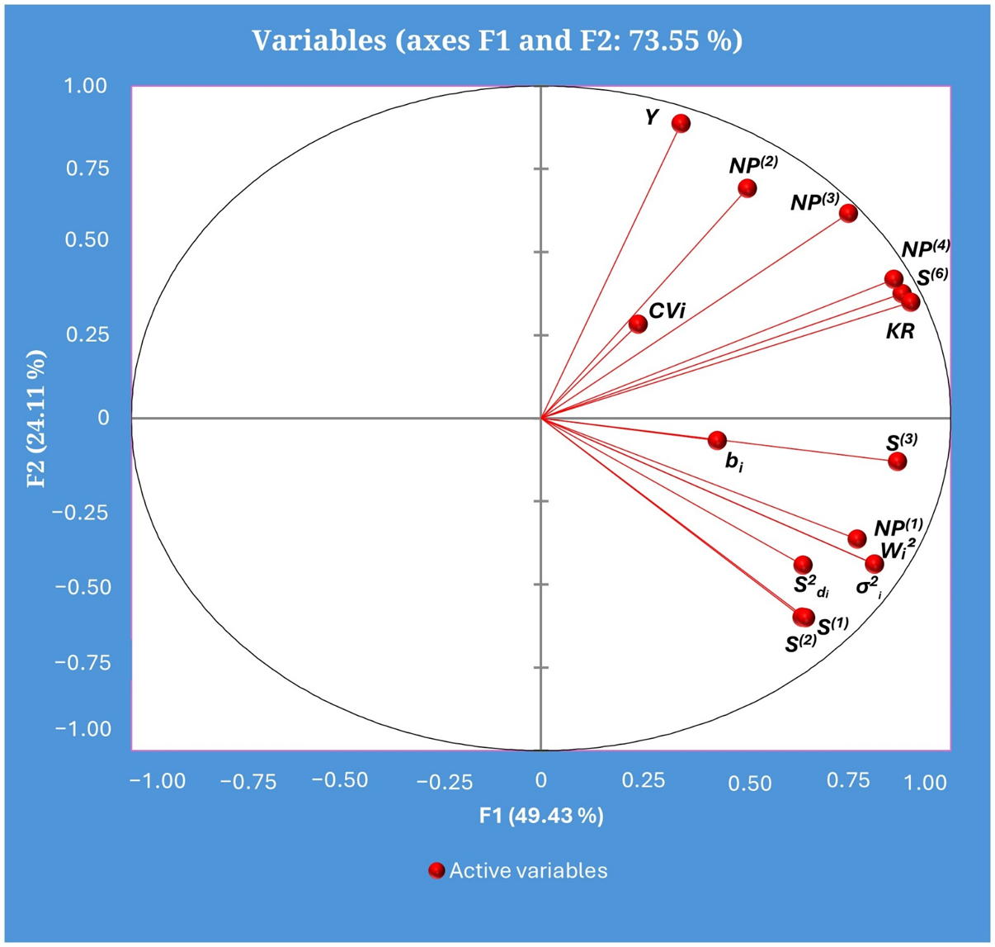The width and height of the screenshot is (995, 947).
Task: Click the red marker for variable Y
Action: click(x=681, y=124)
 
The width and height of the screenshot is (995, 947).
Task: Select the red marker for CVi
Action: click(x=638, y=324)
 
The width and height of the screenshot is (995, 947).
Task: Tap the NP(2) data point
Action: click(x=747, y=188)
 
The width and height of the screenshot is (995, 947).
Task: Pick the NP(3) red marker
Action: click(x=848, y=214)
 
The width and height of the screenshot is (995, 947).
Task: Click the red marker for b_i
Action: click(x=717, y=440)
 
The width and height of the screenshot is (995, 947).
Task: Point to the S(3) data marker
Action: click(x=897, y=462)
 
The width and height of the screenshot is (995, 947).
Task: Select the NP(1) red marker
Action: click(x=857, y=539)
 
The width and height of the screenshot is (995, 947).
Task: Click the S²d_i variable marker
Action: click(x=803, y=565)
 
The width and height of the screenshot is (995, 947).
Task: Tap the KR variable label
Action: click(x=900, y=333)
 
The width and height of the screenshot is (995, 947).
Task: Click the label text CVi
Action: click(x=667, y=311)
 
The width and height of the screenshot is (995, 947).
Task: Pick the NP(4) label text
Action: click(x=925, y=249)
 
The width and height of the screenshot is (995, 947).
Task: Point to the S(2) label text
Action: click(x=800, y=643)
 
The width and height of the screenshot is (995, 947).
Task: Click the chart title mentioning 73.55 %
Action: click(x=497, y=40)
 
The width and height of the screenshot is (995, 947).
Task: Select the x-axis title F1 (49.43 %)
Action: click(x=541, y=816)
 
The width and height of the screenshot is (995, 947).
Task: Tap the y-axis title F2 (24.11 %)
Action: click(x=36, y=418)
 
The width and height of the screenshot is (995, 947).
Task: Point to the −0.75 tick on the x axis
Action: click(x=248, y=782)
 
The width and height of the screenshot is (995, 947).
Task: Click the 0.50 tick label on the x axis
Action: click(x=750, y=782)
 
